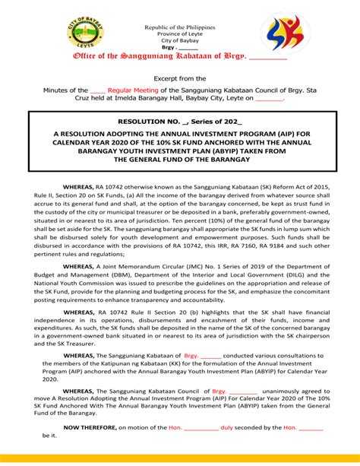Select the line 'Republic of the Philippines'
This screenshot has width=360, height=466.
[x=179, y=27]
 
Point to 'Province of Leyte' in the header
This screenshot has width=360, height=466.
[x=179, y=33]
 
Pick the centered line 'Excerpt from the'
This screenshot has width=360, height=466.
[x=180, y=78]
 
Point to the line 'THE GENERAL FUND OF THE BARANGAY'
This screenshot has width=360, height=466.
[x=180, y=160]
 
